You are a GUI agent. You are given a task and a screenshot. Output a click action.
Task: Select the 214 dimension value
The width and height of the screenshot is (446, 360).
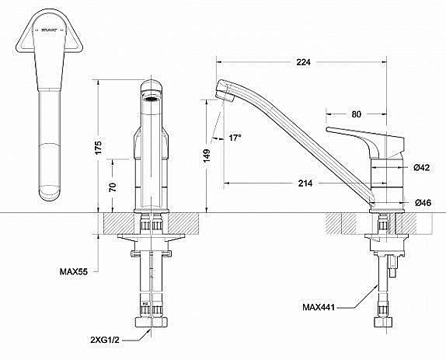click(x=305, y=183)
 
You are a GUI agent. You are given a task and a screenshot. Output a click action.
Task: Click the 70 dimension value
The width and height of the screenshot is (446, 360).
click(x=113, y=187)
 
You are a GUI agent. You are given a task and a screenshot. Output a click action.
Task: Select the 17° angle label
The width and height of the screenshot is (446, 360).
click(x=235, y=138)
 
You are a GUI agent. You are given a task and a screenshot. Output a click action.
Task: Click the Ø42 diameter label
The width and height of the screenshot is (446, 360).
click(x=423, y=167)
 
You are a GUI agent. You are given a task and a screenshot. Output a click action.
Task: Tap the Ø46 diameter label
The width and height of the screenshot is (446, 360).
click(x=423, y=203)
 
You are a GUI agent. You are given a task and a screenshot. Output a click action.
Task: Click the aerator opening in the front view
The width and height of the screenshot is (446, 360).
click(x=152, y=99)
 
